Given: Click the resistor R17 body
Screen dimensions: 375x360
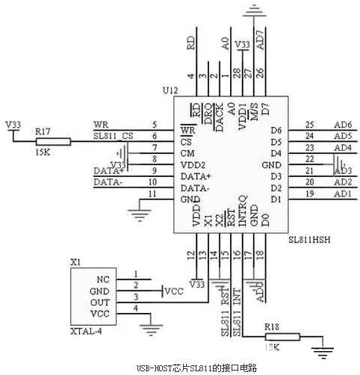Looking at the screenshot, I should (52, 140).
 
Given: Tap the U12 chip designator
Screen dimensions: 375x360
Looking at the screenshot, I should (172, 90).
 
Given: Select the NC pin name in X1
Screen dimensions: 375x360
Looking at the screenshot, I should (103, 278).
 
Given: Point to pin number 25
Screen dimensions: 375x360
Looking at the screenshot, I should (310, 124).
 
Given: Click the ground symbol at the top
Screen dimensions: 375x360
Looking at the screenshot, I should (255, 10).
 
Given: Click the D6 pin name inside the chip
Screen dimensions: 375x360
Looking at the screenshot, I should (276, 131).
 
